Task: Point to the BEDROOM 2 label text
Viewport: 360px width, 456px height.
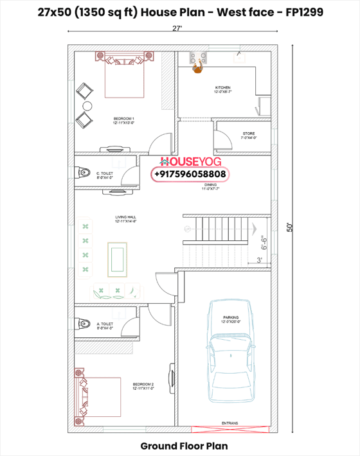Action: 143,386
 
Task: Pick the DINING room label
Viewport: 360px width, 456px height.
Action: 211,186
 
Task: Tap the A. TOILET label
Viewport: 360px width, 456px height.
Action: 105,326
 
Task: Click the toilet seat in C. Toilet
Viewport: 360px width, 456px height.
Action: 83,173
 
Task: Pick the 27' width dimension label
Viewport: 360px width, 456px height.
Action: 176,28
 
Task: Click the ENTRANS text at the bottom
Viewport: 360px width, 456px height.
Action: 230,423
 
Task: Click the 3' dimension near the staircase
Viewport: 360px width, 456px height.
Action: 259,259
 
